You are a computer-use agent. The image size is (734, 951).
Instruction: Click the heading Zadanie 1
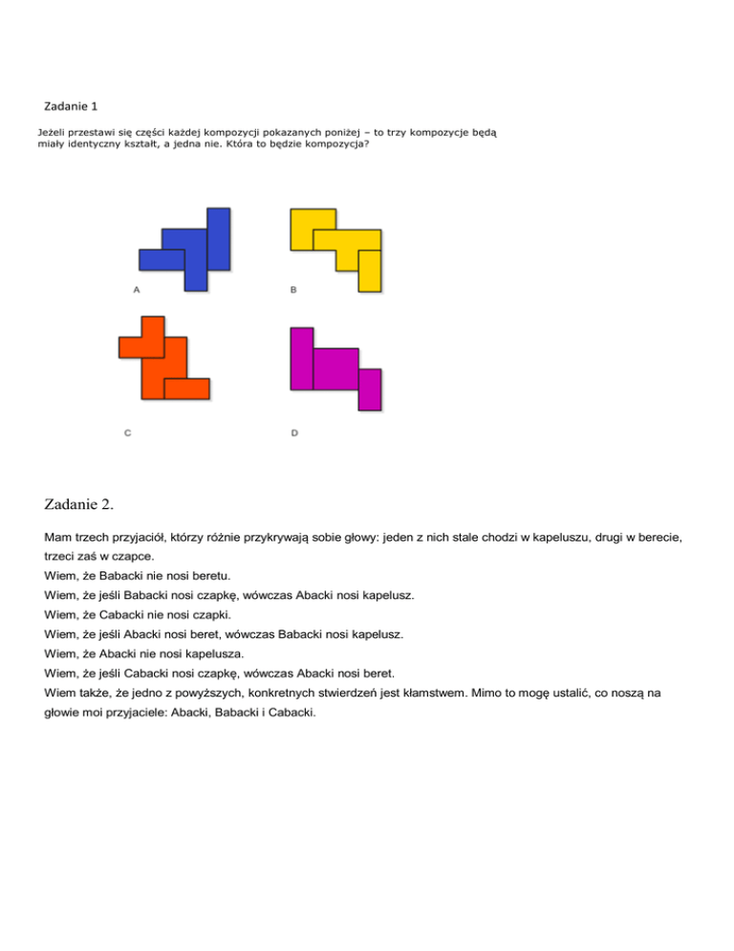point(71,104)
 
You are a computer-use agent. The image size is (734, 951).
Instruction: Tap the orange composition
point(162,362)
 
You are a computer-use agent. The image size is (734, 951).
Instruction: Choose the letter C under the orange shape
point(127,432)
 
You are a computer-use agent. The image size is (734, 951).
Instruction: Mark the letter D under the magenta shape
point(293,432)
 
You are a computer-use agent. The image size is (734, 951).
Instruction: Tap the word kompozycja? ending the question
point(335,144)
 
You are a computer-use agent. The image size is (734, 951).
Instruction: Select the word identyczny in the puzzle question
point(109,144)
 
